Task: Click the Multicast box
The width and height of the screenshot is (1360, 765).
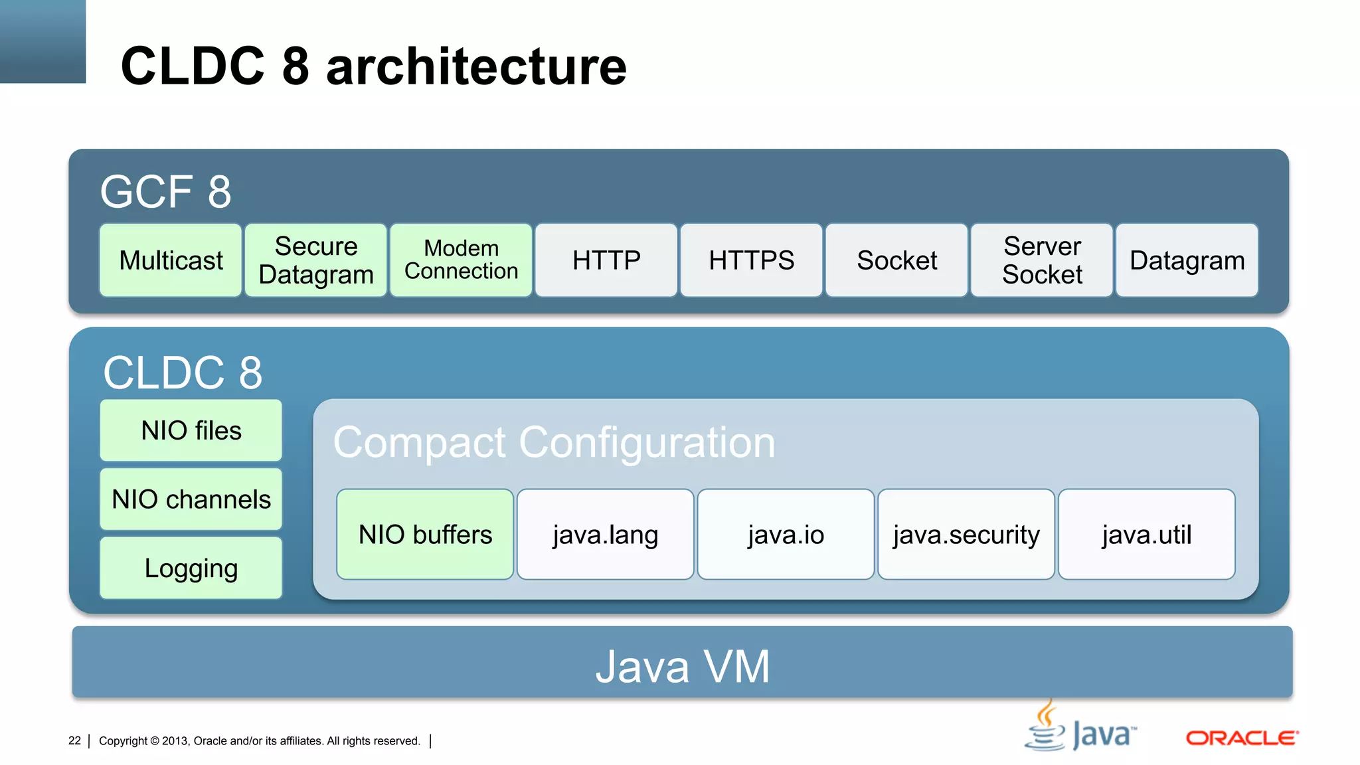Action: (171, 260)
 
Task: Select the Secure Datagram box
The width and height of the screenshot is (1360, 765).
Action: (316, 260)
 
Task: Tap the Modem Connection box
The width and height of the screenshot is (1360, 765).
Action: (461, 260)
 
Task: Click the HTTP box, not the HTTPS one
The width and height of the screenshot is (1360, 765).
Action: (606, 260)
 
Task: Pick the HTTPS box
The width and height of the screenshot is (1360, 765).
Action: (751, 260)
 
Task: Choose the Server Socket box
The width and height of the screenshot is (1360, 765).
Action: (1042, 260)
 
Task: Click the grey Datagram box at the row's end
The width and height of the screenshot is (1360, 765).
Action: (1187, 260)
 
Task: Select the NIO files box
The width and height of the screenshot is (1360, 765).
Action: (191, 430)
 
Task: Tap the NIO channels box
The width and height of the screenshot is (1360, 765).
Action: (191, 499)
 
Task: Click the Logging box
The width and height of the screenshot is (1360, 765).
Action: (191, 568)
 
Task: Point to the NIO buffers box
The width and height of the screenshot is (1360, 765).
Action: (425, 535)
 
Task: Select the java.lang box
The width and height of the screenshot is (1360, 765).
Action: (605, 535)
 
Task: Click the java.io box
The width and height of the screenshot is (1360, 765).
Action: (786, 535)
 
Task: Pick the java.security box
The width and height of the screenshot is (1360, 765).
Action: (966, 535)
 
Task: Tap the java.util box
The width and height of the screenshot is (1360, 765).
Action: (1147, 535)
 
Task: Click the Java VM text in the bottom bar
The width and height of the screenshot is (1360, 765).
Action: (682, 666)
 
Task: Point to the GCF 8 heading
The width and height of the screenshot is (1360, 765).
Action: (166, 192)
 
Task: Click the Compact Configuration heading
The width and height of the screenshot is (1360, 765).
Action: (554, 443)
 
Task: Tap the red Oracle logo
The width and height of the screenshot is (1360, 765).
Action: (1242, 738)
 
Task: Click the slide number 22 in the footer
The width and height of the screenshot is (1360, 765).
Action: (74, 740)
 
